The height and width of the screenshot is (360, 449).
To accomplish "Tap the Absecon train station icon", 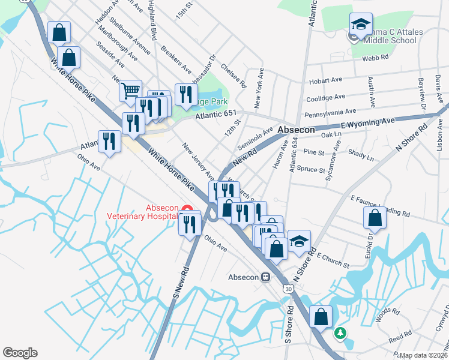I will point(265,278).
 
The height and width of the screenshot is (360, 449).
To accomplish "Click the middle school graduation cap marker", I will point(361,25).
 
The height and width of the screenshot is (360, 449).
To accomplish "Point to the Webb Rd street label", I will point(376,58).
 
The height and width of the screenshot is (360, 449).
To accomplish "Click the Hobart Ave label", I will point(325,81).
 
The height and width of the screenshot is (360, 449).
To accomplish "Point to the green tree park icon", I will point(340,332).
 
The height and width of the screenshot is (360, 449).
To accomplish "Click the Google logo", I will point(20,353).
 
